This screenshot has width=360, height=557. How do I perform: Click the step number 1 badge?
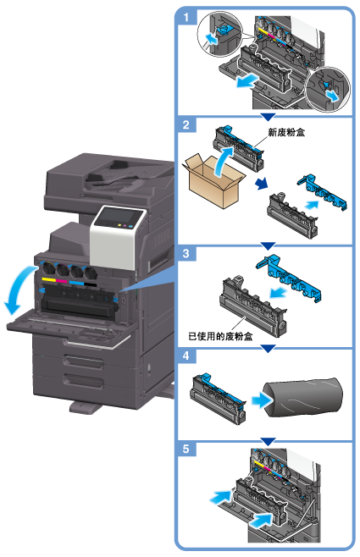pos(186,17)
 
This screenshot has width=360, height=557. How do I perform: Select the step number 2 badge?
pos(186,124)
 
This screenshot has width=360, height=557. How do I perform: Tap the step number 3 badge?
pos(186,254)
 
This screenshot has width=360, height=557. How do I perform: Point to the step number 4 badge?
pos(186,356)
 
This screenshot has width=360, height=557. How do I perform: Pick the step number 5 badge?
pos(186,449)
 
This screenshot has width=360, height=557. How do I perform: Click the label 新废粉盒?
pos(286,133)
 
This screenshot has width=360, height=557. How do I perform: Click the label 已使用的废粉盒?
pos(220,336)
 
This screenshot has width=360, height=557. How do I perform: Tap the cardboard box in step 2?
pos(213,181)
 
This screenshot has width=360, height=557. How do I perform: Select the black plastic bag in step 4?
pos(303,397)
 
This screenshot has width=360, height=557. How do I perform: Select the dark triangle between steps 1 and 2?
pos(268,117)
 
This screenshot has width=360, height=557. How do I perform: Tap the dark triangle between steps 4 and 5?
pos(268,441)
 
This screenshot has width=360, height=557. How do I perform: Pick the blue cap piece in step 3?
pos(289,277)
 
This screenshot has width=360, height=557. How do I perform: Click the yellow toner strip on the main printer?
pos(48,280)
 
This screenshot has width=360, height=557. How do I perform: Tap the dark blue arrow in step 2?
pos(262,184)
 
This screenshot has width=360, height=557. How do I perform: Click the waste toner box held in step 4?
pos(218,398)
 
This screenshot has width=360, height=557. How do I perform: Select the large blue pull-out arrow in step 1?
pos(247,81)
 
